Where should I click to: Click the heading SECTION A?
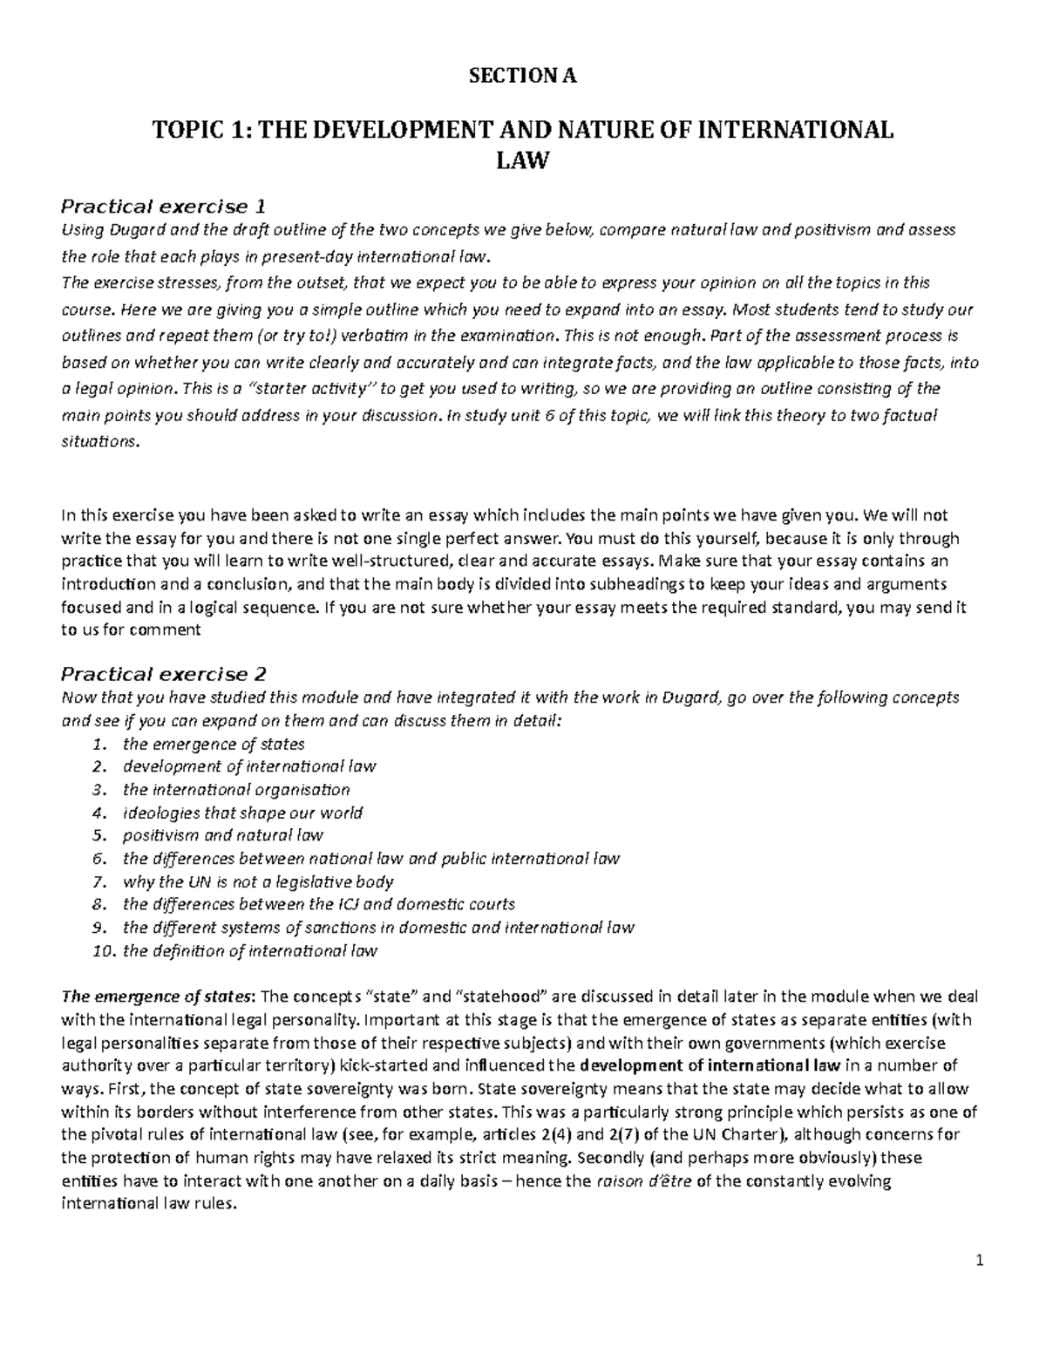(523, 77)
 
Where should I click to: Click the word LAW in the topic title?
(523, 160)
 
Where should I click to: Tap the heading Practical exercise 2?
(162, 674)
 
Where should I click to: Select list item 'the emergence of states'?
(214, 744)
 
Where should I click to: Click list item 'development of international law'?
(249, 766)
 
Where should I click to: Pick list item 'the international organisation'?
(236, 790)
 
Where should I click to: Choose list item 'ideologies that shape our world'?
(242, 813)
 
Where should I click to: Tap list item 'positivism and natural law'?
(223, 835)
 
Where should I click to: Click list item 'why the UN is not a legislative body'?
(258, 881)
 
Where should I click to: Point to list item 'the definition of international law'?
(250, 950)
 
